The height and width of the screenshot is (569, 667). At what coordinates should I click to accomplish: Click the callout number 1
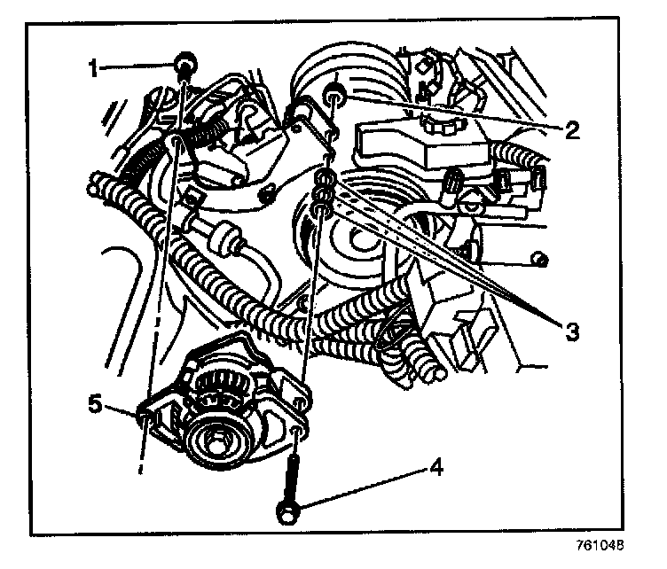tap(93, 68)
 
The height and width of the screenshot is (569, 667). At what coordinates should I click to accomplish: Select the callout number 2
tap(572, 130)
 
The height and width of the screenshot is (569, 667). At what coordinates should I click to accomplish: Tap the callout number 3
tap(572, 331)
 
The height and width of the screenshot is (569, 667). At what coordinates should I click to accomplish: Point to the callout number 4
tap(436, 467)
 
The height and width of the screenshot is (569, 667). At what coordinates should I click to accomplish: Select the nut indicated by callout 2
tap(334, 93)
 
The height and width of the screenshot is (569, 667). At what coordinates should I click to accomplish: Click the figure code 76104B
tap(600, 546)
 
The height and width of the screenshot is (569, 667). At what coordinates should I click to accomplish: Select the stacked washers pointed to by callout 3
tap(323, 192)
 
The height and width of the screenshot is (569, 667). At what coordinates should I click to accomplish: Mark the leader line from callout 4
tap(363, 487)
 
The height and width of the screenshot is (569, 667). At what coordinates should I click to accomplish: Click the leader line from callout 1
tap(137, 66)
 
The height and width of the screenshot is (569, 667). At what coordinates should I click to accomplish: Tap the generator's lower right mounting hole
tap(297, 433)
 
